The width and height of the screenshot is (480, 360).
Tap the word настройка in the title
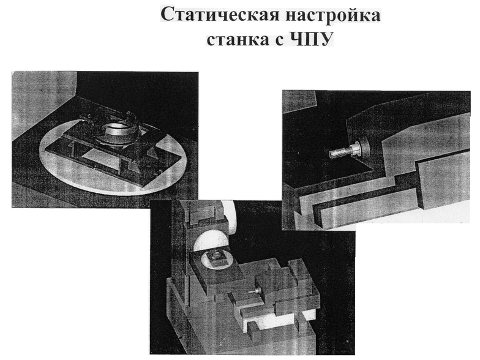pos(333,15)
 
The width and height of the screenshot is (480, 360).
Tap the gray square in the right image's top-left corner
pos(299,101)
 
